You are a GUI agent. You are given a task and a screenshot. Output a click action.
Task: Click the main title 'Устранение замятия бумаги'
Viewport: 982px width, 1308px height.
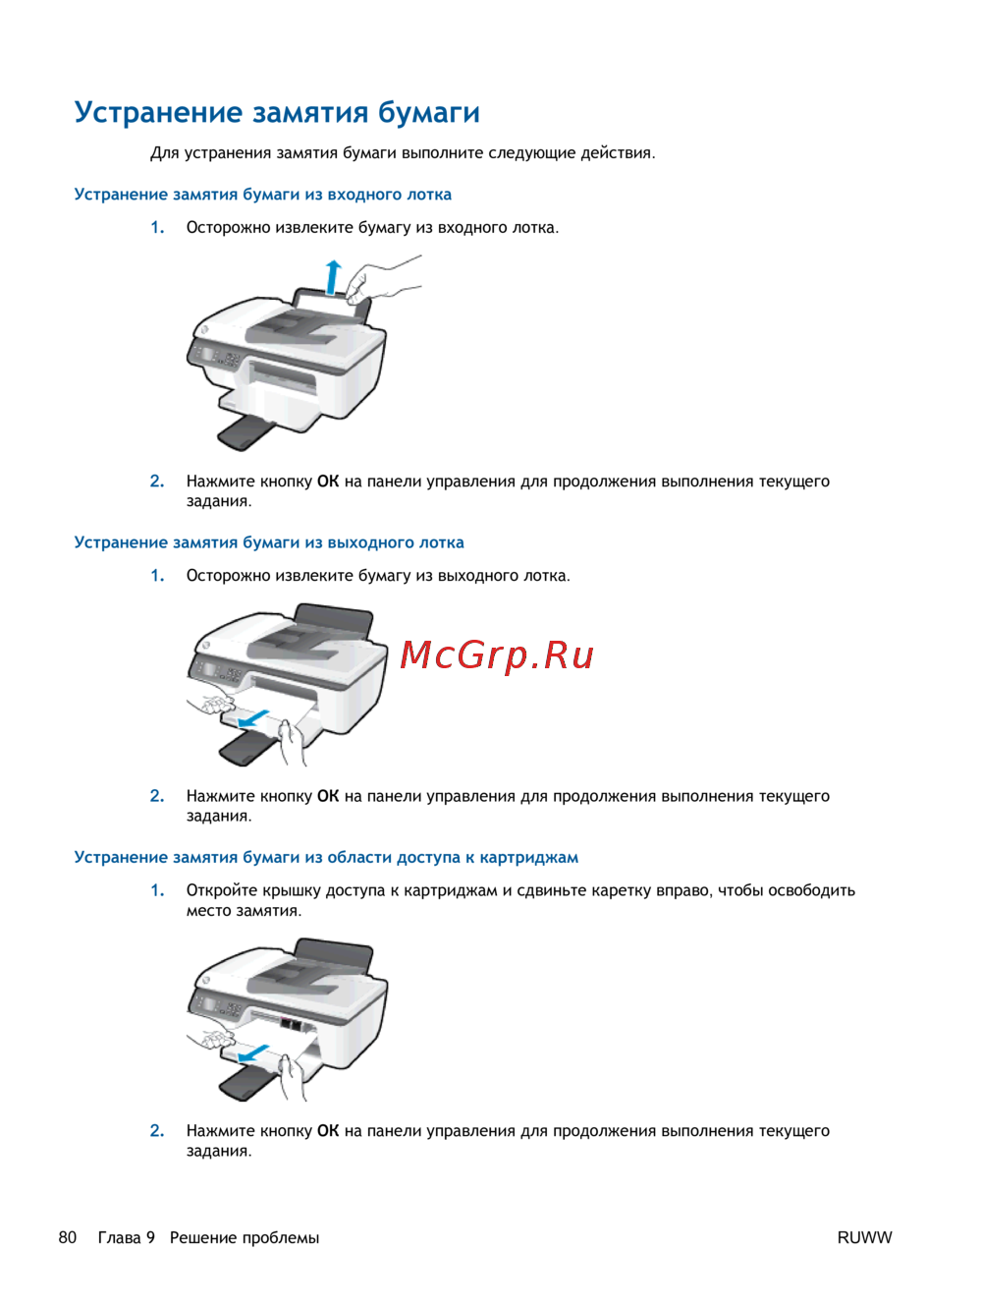coord(277,113)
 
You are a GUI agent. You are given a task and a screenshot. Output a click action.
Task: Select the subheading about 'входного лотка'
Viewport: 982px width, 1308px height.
coord(262,195)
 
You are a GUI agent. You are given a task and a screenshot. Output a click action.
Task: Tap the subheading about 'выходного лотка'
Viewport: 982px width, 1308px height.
coord(269,542)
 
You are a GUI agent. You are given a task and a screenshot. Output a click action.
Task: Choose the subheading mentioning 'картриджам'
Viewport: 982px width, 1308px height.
coord(326,857)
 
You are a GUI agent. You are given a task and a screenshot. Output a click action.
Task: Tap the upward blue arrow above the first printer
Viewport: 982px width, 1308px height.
coord(334,278)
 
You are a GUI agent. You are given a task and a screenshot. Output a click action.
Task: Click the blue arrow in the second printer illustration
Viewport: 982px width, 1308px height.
coord(253,719)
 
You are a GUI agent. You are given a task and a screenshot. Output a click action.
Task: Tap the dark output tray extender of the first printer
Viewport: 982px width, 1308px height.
coord(245,433)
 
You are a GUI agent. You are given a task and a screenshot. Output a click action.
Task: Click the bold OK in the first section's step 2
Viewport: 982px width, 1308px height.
coord(328,482)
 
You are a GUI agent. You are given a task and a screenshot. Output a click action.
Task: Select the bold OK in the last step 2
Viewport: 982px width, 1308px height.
coord(328,1131)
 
